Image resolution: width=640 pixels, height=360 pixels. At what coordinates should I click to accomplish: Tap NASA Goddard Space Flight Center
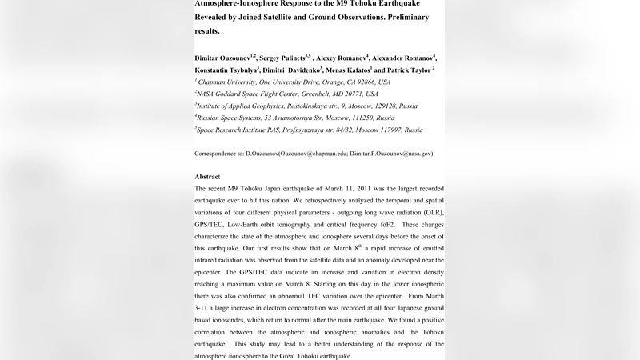(x=258, y=94)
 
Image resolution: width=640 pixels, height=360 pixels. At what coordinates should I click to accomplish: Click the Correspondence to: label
(x=223, y=153)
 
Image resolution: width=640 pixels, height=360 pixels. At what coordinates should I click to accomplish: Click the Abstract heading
(x=208, y=176)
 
